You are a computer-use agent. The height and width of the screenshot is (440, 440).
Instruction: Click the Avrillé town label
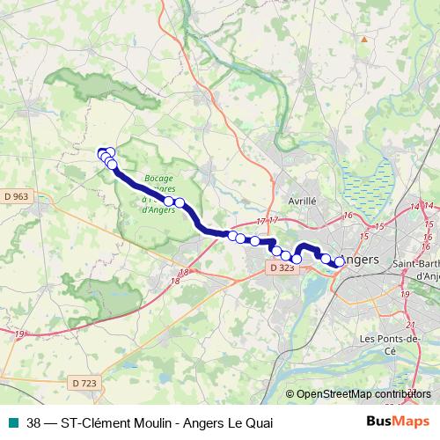pos(301,201)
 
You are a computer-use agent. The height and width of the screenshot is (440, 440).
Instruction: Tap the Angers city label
pos(358,260)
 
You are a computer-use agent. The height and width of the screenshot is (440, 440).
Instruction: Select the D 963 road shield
pos(16,197)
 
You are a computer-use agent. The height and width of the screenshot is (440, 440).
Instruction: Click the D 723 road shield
pos(84,383)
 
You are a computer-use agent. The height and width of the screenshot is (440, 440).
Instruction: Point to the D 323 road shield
pos(283,267)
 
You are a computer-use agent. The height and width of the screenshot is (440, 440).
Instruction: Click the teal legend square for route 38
pos(12,423)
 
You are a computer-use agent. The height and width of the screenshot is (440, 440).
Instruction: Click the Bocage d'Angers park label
pos(159,189)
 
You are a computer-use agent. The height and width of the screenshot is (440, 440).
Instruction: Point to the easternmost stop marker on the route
pos(340,261)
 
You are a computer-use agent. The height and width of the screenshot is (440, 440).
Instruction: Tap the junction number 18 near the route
pos(184,272)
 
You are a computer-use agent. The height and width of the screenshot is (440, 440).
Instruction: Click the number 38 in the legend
pos(34,423)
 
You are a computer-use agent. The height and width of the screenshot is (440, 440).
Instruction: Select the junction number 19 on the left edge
pos(18,334)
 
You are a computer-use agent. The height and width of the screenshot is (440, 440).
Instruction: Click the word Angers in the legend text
pos(202,423)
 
